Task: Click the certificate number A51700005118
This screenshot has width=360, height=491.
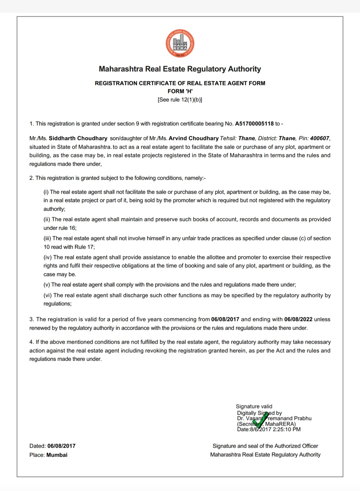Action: (254, 124)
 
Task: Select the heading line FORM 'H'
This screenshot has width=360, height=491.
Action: (180, 91)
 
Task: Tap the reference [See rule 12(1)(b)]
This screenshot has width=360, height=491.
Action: (180, 100)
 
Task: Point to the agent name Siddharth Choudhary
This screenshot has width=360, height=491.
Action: (78, 138)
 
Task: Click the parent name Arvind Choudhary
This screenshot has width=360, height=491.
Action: (194, 138)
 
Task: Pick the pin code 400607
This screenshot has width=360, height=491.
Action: (319, 138)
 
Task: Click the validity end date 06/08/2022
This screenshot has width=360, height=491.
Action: (298, 319)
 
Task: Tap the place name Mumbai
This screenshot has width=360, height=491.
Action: (57, 455)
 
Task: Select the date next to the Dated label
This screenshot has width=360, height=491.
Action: (61, 446)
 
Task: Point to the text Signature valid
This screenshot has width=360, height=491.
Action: (254, 406)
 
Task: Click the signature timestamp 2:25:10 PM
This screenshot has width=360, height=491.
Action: (287, 429)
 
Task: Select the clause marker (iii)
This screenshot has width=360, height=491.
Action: (47, 238)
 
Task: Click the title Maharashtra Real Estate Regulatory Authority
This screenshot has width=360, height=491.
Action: (180, 69)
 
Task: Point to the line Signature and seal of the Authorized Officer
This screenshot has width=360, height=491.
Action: (265, 446)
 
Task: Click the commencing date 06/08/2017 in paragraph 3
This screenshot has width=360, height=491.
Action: (225, 319)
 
